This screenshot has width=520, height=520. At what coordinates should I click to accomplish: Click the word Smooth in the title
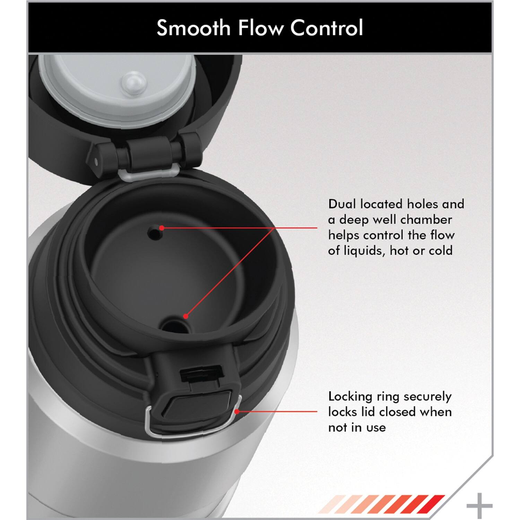coord(193,28)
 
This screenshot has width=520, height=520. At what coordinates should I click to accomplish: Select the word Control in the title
coord(327,28)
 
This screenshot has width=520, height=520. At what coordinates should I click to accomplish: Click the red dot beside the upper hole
coord(162,228)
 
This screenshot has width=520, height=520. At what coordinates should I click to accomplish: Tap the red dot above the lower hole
coord(186,316)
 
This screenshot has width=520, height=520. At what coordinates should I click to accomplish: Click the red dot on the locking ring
coord(237,411)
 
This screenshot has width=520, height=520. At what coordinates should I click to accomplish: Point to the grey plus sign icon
coord(479,506)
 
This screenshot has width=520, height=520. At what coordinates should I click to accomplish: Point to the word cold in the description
coord(441,250)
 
